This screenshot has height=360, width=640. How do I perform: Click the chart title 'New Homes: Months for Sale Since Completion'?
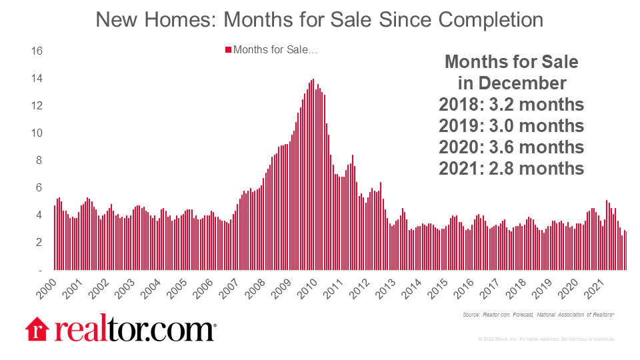(319, 19)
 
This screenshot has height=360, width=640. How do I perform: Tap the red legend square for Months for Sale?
(227, 50)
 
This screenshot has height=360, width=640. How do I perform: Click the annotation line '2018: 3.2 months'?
(511, 105)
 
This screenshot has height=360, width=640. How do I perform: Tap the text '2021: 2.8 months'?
(511, 168)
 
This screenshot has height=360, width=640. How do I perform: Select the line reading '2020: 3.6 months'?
(511, 147)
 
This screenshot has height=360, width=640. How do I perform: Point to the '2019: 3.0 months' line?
(511, 126)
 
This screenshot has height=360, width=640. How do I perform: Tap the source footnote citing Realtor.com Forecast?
(537, 315)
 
